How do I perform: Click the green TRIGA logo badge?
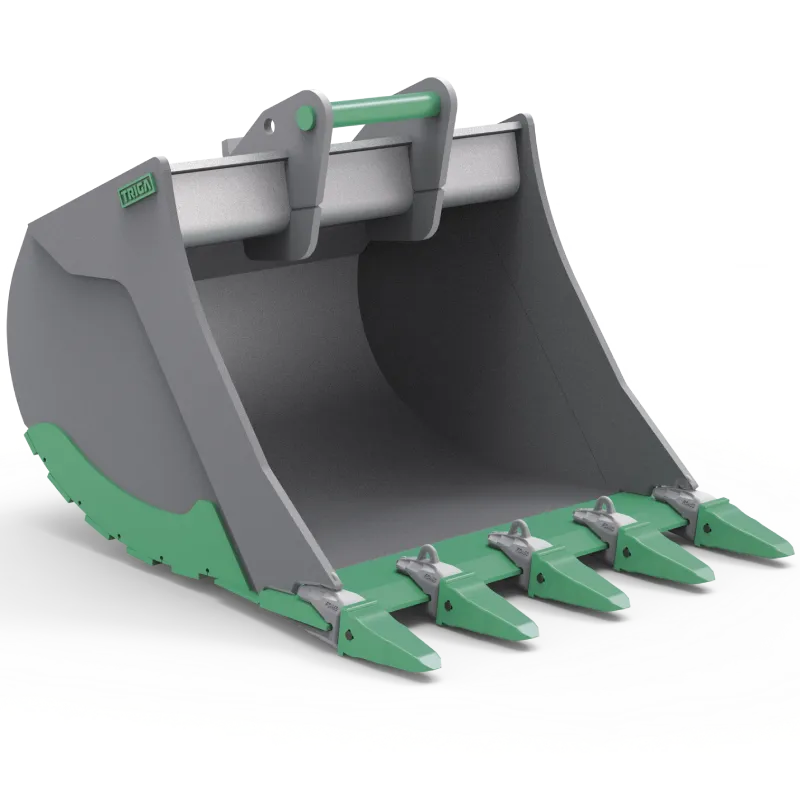(136, 193)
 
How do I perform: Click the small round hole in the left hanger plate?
(270, 124)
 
